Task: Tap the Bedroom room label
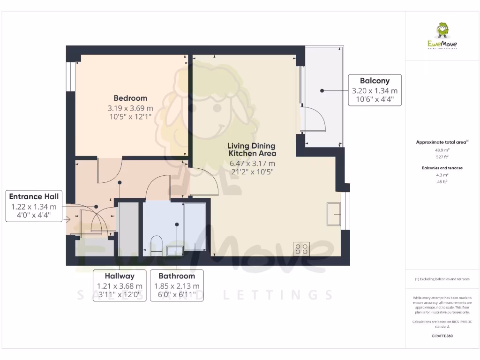coord(130,98)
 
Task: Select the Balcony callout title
coord(375,81)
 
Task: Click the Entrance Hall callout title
coord(34,197)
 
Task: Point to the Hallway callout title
coord(120,276)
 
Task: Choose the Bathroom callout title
coord(177,276)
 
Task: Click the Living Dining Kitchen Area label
coord(252,150)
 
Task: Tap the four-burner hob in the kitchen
coord(301,248)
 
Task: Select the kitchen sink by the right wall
coord(334,214)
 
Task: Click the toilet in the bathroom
coord(157,245)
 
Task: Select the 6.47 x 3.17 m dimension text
coord(252,164)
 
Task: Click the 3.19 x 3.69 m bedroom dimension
coord(130,108)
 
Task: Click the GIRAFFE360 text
coord(442,336)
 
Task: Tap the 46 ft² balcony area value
coord(442,181)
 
